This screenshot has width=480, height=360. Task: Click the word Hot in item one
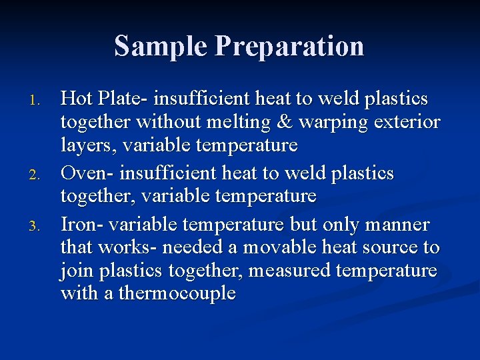tap(77, 99)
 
